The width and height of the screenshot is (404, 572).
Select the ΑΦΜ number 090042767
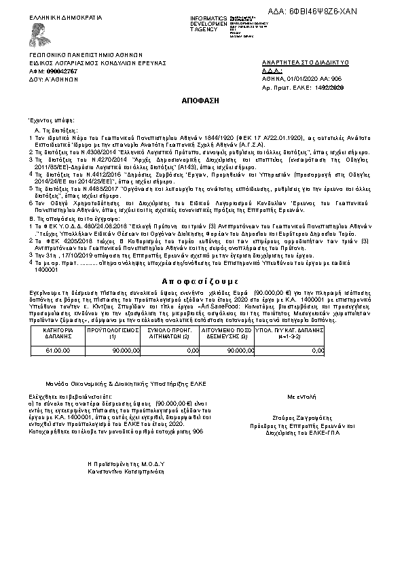pos(62,71)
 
